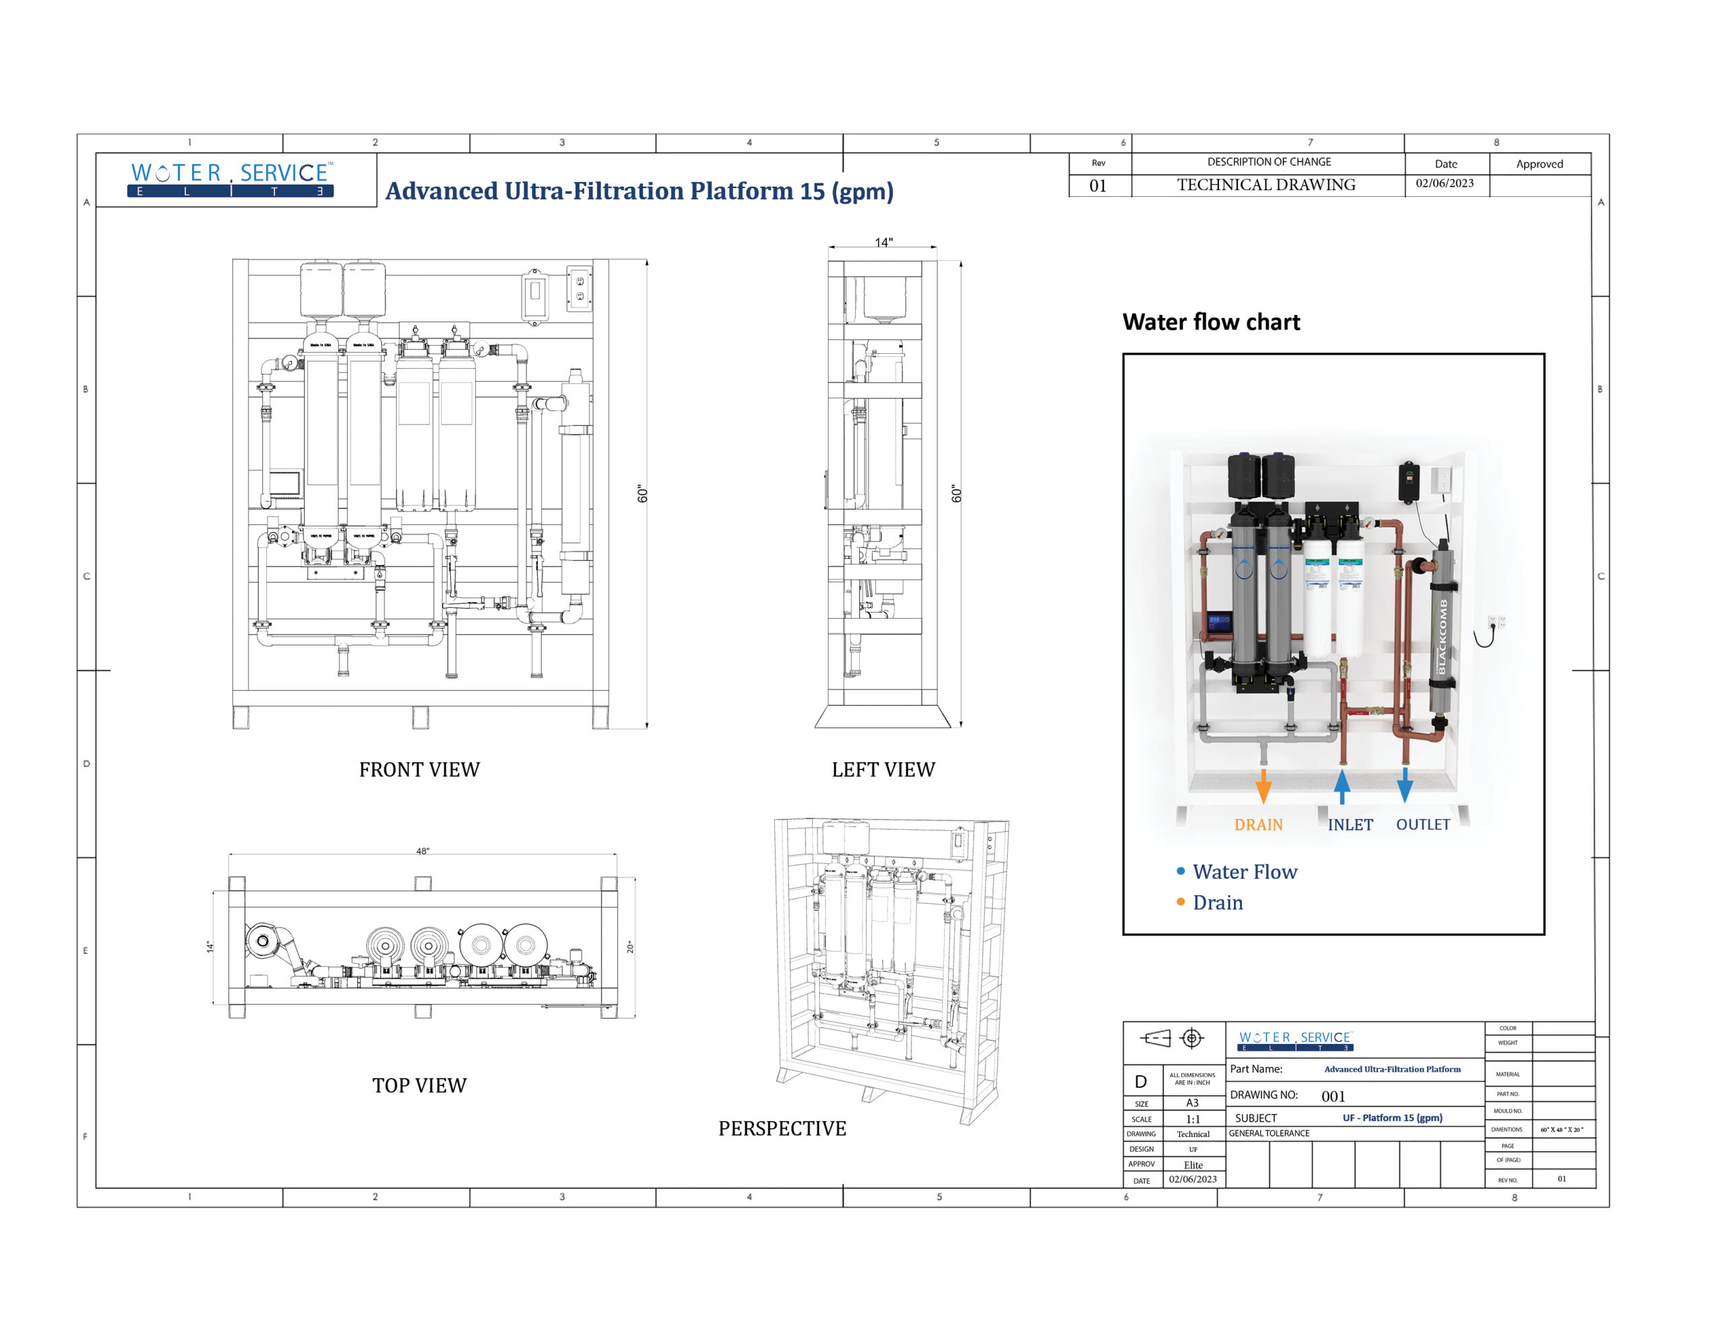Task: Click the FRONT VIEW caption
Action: click(419, 770)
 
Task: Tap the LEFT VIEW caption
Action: click(883, 770)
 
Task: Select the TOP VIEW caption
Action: click(419, 1086)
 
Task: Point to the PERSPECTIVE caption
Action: click(782, 1129)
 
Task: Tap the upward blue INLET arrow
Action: click(1342, 786)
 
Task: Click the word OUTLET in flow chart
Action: click(1422, 824)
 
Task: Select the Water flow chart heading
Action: click(1211, 322)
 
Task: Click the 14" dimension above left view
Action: click(883, 243)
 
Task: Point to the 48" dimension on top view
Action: click(422, 851)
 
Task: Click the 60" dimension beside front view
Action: click(642, 495)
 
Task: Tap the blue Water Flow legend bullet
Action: click(1180, 872)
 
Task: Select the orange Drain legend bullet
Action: click(1180, 902)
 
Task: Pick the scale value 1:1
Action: click(1193, 1120)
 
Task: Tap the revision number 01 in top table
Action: click(1098, 187)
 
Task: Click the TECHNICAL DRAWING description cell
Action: click(1266, 185)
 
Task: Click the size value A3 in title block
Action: click(1192, 1103)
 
